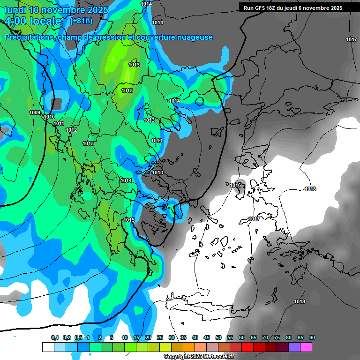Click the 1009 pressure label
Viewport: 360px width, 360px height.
(x=35, y=112)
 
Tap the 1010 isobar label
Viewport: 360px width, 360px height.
(x=49, y=117)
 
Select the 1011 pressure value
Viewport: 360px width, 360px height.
(x=59, y=123)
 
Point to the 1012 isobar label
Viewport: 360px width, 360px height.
(x=71, y=130)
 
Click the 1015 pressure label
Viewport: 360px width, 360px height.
(x=129, y=220)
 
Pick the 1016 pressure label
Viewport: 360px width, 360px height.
(x=235, y=185)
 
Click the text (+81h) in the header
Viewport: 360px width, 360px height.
(x=81, y=21)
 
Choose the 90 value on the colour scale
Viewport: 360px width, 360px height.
(x=312, y=337)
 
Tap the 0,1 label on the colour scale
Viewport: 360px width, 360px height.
(x=55, y=337)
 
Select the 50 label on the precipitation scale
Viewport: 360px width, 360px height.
(x=218, y=337)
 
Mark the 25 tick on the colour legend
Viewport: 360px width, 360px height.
(x=160, y=337)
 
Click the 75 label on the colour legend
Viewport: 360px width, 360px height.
(x=277, y=337)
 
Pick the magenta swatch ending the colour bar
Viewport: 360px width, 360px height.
(x=306, y=347)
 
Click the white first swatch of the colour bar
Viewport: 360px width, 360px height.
(x=48, y=347)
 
